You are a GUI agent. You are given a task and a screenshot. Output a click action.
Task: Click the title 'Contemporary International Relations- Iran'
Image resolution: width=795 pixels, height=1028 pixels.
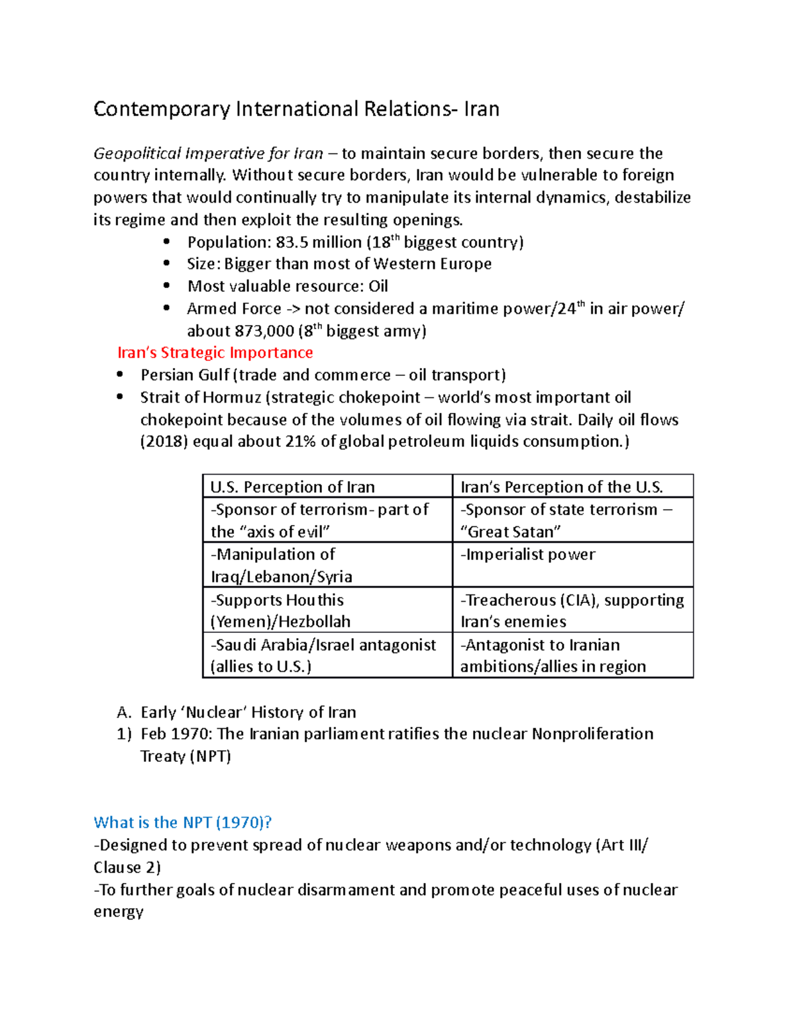tap(296, 109)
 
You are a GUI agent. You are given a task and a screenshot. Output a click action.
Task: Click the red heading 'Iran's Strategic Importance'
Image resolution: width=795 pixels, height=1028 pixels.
tap(215, 353)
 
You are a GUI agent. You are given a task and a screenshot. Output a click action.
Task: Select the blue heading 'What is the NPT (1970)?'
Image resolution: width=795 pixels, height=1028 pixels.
tap(183, 823)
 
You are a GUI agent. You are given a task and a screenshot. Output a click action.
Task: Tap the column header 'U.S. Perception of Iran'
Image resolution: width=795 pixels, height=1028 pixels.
tap(292, 487)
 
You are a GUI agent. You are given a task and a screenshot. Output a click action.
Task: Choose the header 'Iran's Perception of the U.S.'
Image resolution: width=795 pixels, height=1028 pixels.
tap(561, 487)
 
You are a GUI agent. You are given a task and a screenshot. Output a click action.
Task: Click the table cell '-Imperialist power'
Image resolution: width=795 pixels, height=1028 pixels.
tap(527, 555)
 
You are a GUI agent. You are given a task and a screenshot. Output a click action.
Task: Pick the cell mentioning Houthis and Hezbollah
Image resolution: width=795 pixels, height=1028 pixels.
tap(280, 610)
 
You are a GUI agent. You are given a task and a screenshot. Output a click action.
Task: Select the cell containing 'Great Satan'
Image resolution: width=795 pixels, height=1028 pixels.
tap(566, 520)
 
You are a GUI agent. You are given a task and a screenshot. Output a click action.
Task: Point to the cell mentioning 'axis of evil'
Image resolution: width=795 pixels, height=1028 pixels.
tap(319, 520)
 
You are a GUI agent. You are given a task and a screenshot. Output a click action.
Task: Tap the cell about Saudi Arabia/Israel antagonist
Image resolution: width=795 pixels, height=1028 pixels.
tap(323, 655)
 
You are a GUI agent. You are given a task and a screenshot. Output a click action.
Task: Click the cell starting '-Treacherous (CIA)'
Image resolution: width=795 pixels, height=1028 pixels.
tap(572, 610)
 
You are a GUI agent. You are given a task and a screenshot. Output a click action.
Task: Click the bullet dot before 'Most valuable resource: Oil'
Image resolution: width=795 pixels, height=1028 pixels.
tap(167, 286)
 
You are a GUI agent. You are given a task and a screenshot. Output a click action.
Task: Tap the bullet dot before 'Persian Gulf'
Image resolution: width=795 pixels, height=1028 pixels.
tap(120, 375)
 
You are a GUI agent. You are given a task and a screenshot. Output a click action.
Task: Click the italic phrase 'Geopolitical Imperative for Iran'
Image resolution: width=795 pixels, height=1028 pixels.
tap(208, 154)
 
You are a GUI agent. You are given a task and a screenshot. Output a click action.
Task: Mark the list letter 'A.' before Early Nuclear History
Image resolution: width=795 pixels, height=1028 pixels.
tap(124, 713)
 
